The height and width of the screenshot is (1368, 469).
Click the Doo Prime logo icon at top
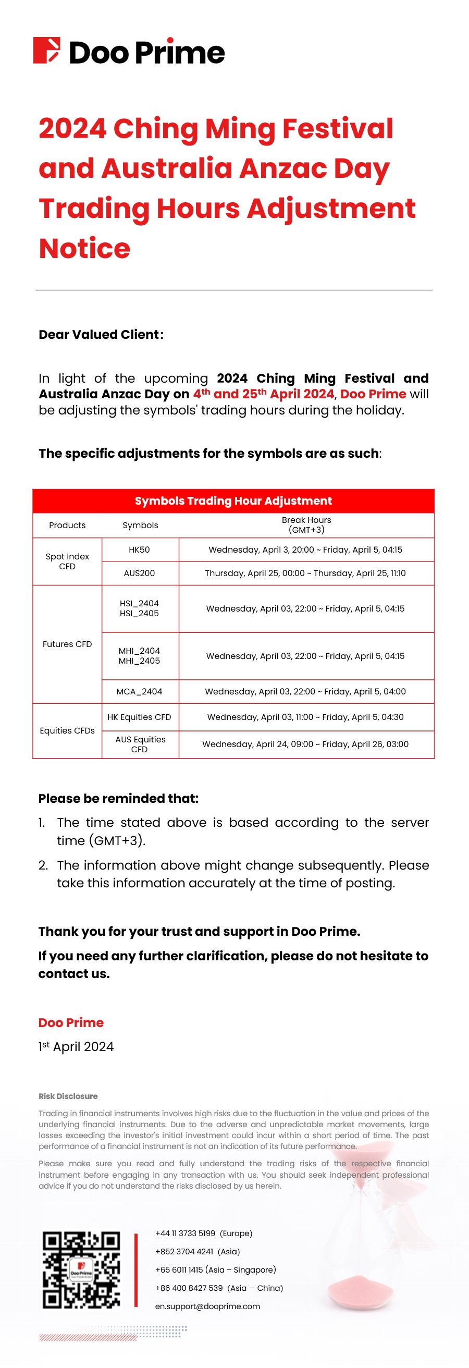point(47,51)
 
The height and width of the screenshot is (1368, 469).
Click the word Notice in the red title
point(84,249)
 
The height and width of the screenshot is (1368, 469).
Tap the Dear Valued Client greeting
point(101,335)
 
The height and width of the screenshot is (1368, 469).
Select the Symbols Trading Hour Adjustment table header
point(233,501)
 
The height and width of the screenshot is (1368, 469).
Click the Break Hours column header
point(306,524)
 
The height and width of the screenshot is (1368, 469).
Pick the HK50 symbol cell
point(140,549)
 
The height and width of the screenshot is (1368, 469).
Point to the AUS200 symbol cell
point(140,573)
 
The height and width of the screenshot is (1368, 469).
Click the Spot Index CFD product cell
point(67,561)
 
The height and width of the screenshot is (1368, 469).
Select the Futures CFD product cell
point(67,644)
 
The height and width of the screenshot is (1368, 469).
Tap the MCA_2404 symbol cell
point(140,691)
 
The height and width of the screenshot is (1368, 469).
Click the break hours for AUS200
point(305,573)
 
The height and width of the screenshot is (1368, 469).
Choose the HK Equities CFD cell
point(140,717)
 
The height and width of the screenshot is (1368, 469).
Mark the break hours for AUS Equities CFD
point(305,744)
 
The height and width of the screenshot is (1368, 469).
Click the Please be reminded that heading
point(118,798)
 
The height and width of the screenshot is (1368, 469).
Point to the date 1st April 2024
point(76,1046)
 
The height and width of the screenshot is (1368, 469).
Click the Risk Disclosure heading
point(68,1096)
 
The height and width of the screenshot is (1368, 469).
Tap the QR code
point(81,1269)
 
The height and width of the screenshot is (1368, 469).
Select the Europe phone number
point(204,1233)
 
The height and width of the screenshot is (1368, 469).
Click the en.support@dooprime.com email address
point(207,1306)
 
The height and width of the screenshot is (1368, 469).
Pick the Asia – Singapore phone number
point(215,1270)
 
